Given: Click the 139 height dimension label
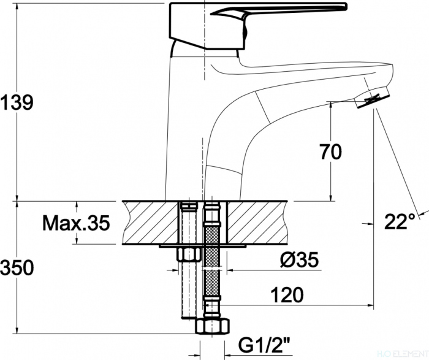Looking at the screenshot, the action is pyautogui.click(x=17, y=102).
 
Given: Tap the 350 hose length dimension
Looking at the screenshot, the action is pyautogui.click(x=17, y=267).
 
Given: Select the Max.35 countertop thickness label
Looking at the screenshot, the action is pyautogui.click(x=76, y=223).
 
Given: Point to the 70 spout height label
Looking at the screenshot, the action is pyautogui.click(x=331, y=151).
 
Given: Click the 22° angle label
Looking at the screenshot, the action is pyautogui.click(x=400, y=221).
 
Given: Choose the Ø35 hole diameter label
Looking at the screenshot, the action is pyautogui.click(x=300, y=259).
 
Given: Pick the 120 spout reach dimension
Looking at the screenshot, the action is pyautogui.click(x=287, y=294).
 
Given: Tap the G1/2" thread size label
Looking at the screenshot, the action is pyautogui.click(x=264, y=345).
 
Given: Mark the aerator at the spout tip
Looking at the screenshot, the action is pyautogui.click(x=372, y=98).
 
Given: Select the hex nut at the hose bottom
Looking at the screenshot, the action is pyautogui.click(x=213, y=326).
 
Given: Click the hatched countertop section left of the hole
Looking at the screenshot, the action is pyautogui.click(x=151, y=222).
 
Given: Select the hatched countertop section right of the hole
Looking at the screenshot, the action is pyautogui.click(x=257, y=222).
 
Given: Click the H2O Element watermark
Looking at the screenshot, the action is pyautogui.click(x=403, y=354).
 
